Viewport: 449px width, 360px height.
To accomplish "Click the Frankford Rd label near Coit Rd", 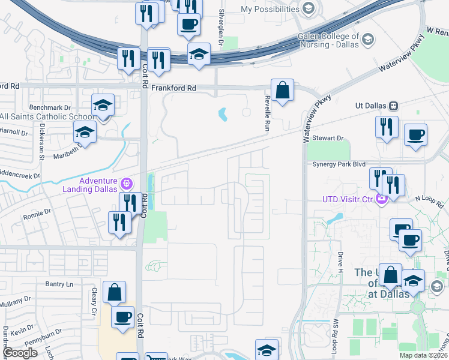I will click(x=173, y=88).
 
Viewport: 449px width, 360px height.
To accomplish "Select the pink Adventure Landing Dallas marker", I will click(x=126, y=182).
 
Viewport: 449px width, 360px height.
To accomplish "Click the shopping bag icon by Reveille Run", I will click(x=282, y=91).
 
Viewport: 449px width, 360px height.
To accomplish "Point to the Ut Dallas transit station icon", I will click(x=393, y=106).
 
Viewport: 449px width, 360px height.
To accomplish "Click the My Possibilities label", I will click(x=270, y=10).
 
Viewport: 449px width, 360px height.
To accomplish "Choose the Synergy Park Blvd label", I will click(x=338, y=164).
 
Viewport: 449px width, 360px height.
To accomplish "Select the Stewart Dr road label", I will click(x=331, y=138).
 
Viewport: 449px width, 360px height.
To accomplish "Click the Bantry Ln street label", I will click(x=59, y=283).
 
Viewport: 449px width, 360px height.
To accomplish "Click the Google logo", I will click(x=20, y=353).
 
